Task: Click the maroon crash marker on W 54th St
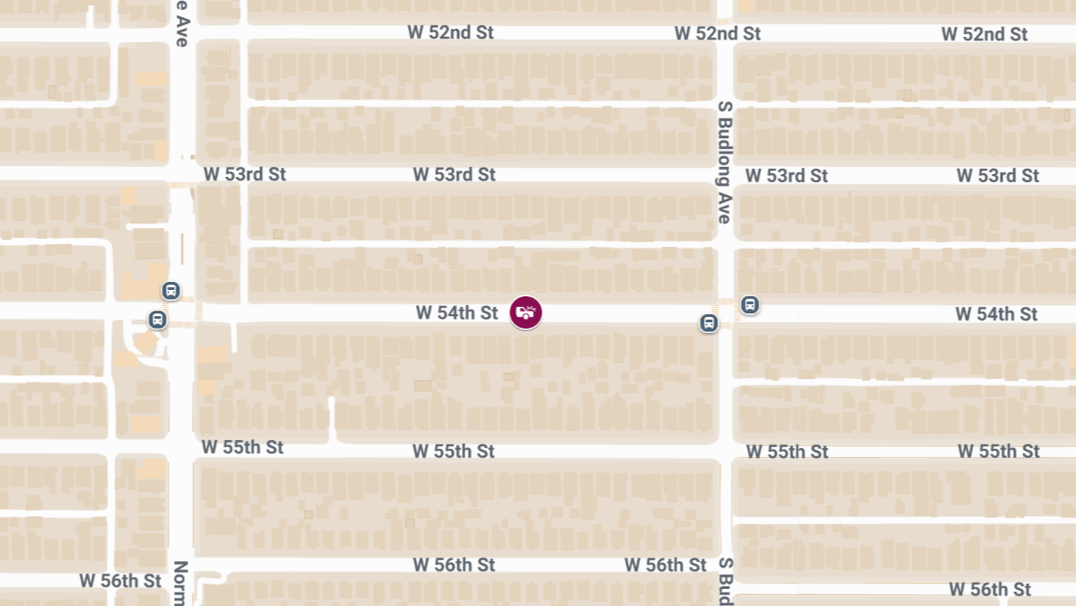(x=525, y=312)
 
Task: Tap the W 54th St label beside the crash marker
(x=456, y=312)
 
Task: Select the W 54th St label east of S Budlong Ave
(x=995, y=314)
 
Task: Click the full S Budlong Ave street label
(x=725, y=162)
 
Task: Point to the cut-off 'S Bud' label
(x=725, y=580)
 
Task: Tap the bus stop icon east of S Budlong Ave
(x=750, y=305)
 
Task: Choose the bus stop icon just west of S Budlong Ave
(x=708, y=323)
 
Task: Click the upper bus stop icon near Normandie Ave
(x=170, y=291)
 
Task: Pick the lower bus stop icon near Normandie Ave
(x=157, y=320)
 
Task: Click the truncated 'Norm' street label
(x=180, y=583)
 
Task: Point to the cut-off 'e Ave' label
(x=182, y=23)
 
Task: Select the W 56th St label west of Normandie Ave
(x=120, y=581)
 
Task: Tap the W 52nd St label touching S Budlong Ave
(x=717, y=34)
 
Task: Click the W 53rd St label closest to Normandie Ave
(x=244, y=174)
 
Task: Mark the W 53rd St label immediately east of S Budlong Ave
(x=786, y=176)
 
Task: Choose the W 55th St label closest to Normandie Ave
(x=242, y=447)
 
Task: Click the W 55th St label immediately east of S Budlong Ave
(x=786, y=452)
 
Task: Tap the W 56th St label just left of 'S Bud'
(x=665, y=565)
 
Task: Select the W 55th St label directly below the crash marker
(x=454, y=451)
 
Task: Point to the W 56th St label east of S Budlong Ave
(x=990, y=589)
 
